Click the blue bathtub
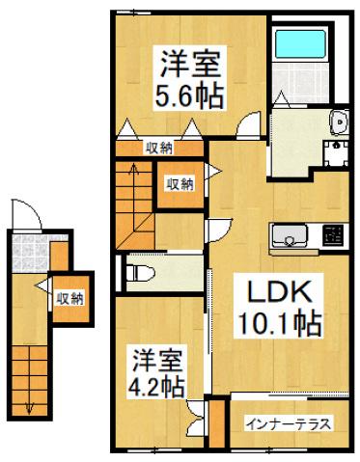300,43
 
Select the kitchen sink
290,236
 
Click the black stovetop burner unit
332,235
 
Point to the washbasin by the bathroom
339,122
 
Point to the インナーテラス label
289,424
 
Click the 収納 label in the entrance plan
70,299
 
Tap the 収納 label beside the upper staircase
180,184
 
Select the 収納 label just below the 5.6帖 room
159,149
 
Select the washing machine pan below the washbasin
336,153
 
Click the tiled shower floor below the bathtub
300,82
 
